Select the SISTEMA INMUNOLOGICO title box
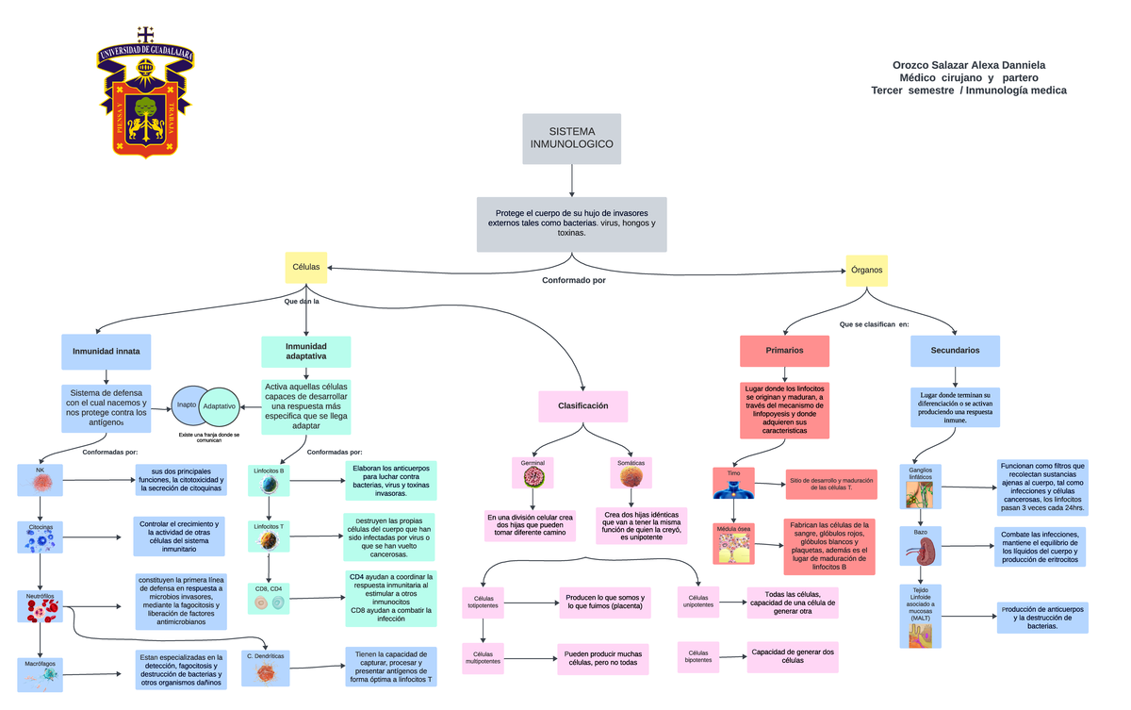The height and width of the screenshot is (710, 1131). (571, 138)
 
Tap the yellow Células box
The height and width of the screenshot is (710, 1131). (305, 267)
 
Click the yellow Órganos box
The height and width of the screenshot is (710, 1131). (866, 270)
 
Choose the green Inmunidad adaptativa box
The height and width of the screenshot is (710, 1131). (305, 352)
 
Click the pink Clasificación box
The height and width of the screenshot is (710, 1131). (582, 405)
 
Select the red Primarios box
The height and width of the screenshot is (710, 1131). (784, 351)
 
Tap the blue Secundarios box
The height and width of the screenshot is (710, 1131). (955, 351)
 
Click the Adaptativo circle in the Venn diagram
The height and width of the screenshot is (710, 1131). (221, 405)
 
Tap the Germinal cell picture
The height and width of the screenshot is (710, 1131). (533, 477)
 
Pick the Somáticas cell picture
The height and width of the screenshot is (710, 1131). (631, 477)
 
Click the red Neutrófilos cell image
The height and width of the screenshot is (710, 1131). (40, 610)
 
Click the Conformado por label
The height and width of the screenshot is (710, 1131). (573, 280)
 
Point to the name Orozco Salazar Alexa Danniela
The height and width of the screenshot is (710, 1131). (968, 64)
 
